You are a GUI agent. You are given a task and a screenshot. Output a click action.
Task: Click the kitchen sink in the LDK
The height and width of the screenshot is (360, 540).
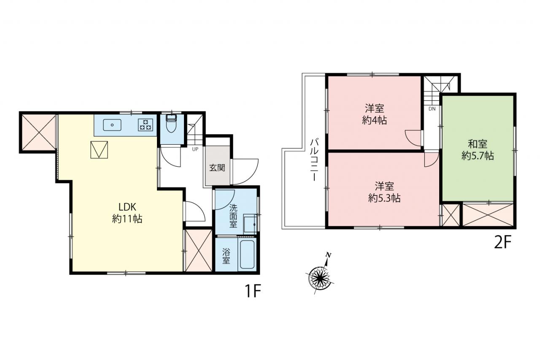112,125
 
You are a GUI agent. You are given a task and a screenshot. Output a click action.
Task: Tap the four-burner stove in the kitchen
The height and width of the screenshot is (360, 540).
146,125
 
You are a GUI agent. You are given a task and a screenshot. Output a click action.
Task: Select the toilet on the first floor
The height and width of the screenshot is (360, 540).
171,124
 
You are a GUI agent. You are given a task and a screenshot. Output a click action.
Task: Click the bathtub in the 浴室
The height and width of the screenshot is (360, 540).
247,254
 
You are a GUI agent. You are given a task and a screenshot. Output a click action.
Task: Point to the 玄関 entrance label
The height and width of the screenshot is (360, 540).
217,168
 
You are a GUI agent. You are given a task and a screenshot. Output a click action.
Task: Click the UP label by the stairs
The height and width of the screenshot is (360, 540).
195,149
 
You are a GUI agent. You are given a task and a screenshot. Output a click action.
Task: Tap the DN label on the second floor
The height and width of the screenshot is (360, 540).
432,109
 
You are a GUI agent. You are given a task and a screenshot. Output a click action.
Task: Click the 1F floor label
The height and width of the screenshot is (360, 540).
253,291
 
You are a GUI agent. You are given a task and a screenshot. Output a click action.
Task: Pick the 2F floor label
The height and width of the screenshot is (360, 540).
502,243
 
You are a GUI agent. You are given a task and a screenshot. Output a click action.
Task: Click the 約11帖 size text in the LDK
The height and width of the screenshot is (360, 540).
127,219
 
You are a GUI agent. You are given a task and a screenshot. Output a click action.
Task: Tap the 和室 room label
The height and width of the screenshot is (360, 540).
478,144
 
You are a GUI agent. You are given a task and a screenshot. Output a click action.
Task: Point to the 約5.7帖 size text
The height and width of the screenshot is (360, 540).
478,156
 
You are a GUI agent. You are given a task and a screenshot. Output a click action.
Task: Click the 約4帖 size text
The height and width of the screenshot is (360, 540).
374,120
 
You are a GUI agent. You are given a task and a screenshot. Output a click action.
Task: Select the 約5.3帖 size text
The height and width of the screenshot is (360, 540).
384,198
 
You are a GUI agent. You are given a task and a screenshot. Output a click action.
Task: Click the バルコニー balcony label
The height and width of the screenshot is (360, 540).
314,160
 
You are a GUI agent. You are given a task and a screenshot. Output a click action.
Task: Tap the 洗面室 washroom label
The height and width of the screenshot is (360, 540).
233,216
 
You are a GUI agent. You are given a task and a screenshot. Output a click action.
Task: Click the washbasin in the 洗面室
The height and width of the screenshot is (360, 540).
250,224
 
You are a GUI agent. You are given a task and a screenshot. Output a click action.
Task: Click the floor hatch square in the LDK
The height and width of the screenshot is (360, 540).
99,150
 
